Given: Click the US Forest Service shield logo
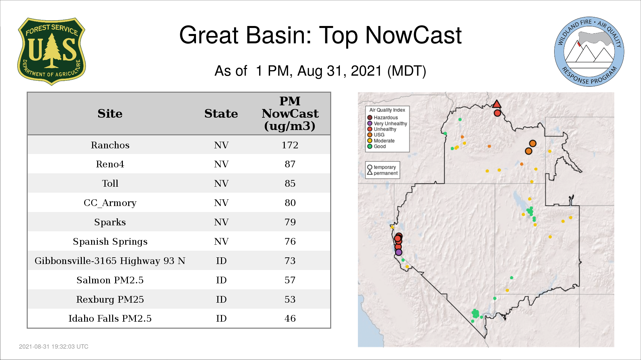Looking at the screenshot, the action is (x=51, y=51).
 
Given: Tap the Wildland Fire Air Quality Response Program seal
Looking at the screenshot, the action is (x=589, y=52).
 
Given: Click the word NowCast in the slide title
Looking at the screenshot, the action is (x=413, y=35).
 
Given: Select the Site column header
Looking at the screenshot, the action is (x=110, y=114).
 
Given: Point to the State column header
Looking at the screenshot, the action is (x=221, y=114).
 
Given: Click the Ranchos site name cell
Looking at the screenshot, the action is (x=110, y=145).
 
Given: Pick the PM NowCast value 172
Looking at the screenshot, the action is (x=290, y=145).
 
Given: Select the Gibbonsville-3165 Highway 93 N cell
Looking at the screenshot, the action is (x=110, y=261).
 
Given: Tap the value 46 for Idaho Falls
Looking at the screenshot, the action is (x=290, y=318).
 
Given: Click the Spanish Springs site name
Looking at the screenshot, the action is (x=110, y=242).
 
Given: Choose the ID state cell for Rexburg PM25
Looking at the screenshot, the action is (x=221, y=299).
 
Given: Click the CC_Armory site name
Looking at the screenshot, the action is (x=110, y=203).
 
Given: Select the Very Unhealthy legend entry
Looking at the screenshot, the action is (x=387, y=123).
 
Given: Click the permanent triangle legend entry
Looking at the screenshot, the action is (x=383, y=173).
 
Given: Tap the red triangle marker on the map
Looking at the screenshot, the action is (x=497, y=104).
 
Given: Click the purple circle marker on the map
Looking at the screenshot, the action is (x=399, y=252).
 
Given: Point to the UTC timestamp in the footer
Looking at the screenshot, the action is (x=54, y=347).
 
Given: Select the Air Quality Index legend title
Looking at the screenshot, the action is (x=387, y=110).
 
